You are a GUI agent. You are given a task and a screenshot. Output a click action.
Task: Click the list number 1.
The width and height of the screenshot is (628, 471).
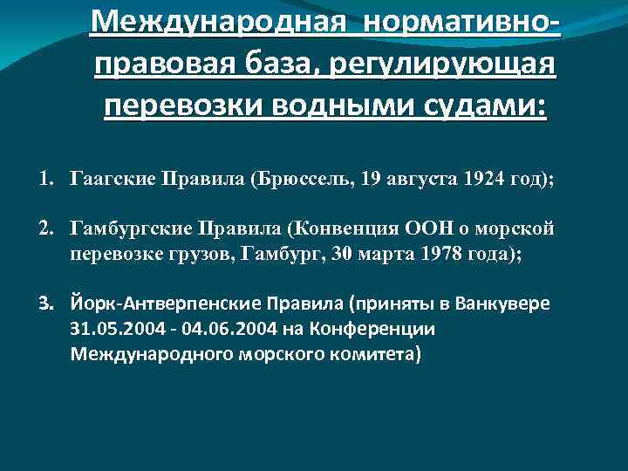click(44, 180)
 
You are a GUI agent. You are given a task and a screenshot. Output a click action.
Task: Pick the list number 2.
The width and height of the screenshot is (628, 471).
click(44, 229)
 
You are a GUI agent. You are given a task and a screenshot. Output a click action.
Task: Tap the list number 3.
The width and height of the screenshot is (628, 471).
click(44, 304)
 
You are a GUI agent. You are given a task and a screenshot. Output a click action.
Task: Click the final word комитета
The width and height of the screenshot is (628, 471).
click(372, 354)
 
